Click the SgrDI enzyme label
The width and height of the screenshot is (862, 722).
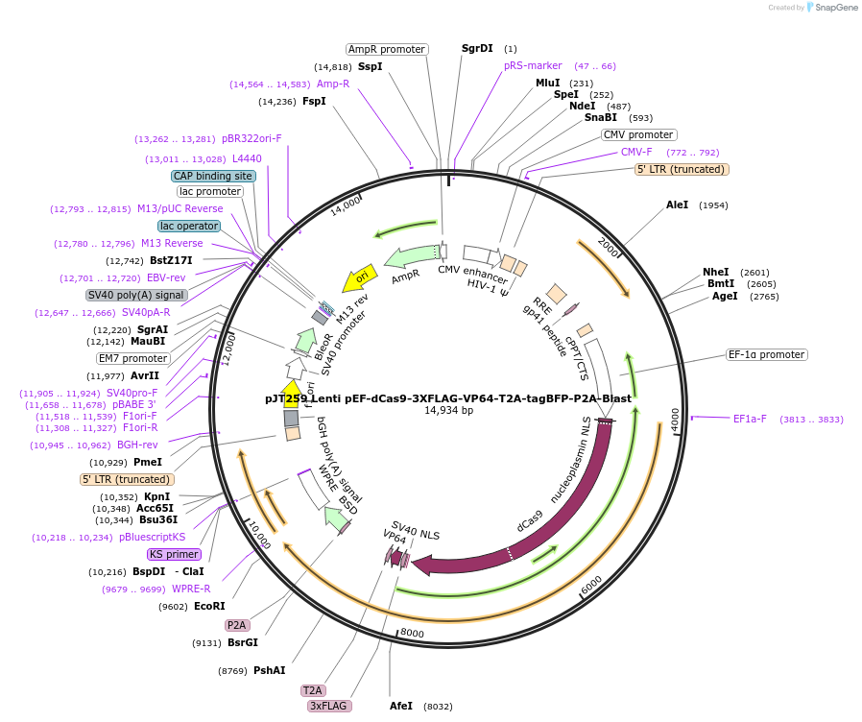[x=477, y=48]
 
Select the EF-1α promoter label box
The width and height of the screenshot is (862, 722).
[x=767, y=354]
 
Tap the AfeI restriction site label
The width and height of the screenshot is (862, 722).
[x=401, y=706]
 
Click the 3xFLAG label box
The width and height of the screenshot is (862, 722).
[x=329, y=706]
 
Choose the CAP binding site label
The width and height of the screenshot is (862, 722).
[x=213, y=176]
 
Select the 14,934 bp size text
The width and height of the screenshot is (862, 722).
[x=448, y=411]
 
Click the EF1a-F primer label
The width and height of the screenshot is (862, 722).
[x=750, y=419]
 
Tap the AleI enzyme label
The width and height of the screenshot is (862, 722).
[x=677, y=205]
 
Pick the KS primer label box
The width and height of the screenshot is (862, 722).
[x=174, y=554]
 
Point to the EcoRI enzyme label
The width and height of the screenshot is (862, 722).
[x=209, y=606]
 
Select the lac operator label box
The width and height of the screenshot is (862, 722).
[x=189, y=226]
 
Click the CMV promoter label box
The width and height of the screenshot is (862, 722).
[x=638, y=134]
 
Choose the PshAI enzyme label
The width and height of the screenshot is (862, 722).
[x=269, y=670]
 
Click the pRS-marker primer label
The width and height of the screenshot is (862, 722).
[x=533, y=65]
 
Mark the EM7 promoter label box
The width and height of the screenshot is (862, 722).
[x=133, y=358]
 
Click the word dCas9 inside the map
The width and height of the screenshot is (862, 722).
[x=530, y=520]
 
